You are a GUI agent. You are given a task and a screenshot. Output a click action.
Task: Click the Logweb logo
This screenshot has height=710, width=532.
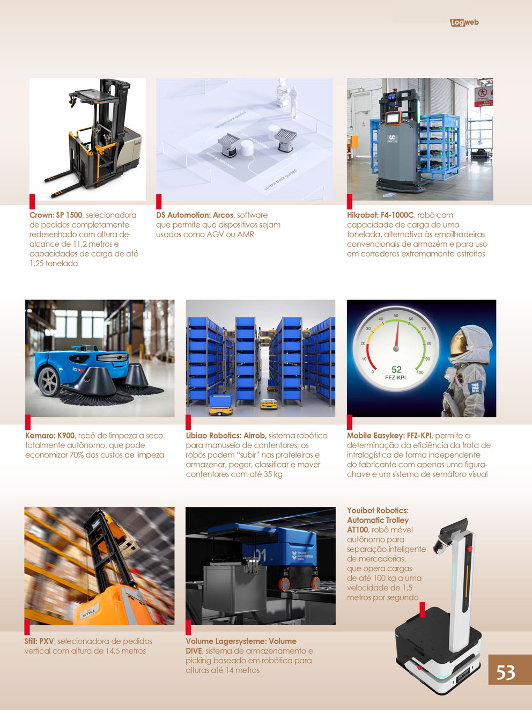tap(464, 23)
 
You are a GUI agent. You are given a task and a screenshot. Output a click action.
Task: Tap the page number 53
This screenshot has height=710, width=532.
tap(506, 673)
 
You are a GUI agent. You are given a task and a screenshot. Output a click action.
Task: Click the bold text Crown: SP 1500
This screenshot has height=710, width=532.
tap(56, 215)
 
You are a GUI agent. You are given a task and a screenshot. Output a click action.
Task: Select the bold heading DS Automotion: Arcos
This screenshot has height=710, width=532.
tap(195, 215)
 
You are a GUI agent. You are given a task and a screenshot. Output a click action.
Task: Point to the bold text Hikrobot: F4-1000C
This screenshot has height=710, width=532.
tap(380, 215)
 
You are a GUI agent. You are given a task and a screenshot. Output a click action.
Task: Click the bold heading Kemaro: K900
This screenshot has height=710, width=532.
tap(50, 435)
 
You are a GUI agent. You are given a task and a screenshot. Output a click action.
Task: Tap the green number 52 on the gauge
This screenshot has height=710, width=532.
tap(396, 369)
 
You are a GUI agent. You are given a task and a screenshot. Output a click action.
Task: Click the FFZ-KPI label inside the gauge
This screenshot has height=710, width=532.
tap(395, 377)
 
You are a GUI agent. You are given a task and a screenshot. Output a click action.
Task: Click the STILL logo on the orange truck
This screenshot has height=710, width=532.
tap(88, 612)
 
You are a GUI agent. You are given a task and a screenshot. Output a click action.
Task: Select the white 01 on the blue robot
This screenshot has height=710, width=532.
tap(260, 556)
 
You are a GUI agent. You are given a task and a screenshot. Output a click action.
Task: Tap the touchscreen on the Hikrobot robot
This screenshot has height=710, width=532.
tap(393, 118)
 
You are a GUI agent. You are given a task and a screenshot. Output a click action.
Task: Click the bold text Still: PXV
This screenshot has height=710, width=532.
tap(40, 641)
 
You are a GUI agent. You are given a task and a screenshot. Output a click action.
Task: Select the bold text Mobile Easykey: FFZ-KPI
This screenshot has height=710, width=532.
tap(389, 435)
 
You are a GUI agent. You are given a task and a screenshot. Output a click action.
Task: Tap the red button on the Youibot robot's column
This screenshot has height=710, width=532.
tap(470, 548)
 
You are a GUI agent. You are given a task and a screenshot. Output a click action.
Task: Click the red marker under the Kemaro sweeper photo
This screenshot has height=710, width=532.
tap(28, 422)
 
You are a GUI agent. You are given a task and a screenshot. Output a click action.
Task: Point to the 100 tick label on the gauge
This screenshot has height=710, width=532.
tap(420, 372)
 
